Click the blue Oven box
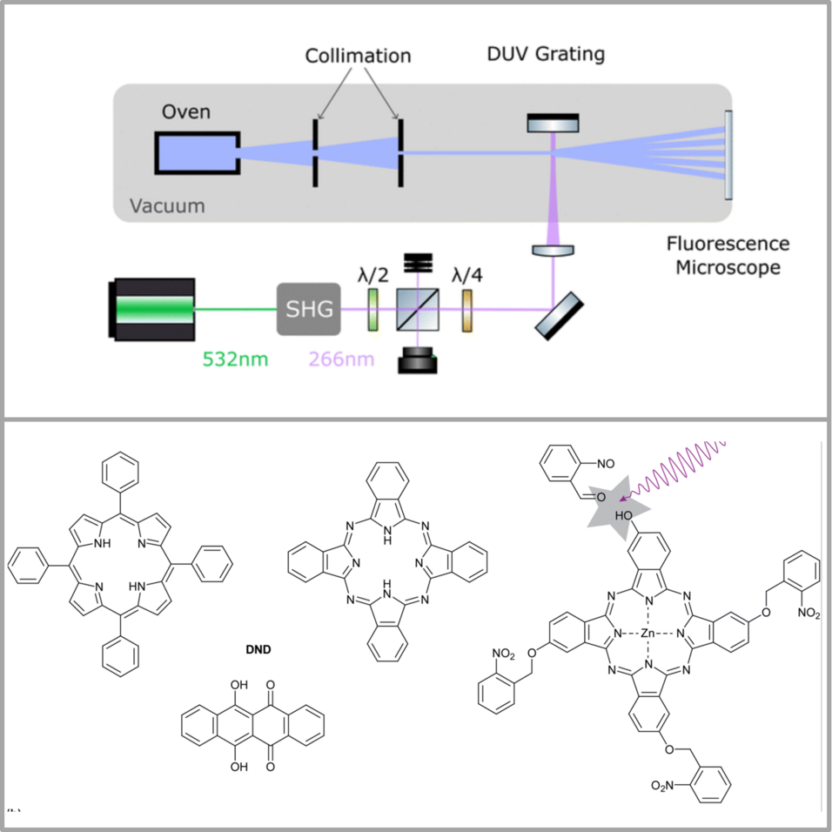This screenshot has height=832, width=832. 198,153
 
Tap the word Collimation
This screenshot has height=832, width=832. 359,56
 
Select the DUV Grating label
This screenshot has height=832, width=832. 546,54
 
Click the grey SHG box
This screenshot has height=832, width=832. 309,309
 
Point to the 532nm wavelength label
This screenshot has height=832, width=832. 235,359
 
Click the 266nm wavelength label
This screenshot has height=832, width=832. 341,359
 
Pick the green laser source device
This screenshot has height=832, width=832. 151,309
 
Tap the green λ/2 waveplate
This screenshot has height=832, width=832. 373,309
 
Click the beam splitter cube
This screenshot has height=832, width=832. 418,309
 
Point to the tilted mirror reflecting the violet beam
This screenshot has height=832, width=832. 560,316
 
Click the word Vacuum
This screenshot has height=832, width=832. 167,206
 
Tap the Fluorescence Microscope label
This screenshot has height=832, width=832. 728,255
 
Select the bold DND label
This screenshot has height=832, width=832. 258,649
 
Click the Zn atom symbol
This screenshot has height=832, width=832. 647,633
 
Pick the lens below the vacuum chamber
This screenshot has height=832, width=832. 553,250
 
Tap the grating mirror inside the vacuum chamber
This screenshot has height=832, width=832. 553,123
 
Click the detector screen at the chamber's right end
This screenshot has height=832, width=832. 728,155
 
